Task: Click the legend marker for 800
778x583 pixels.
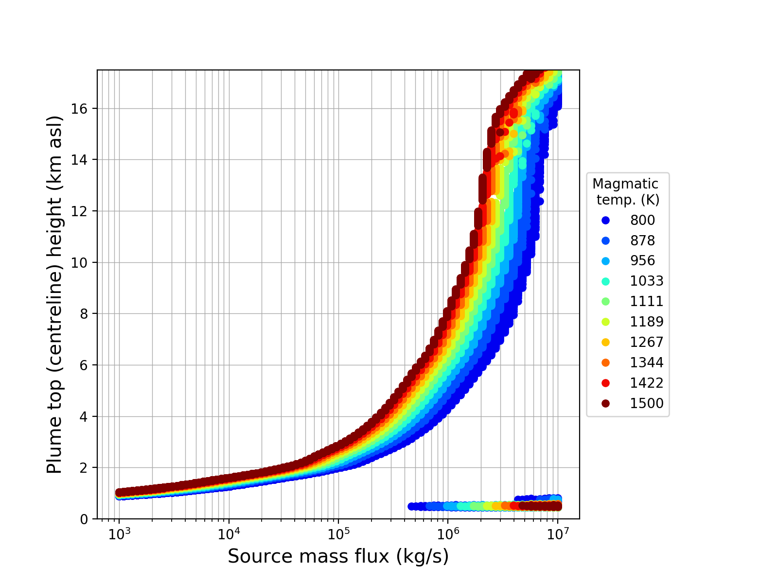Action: click(605, 220)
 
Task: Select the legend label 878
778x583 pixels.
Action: click(642, 240)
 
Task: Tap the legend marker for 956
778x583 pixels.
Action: click(605, 261)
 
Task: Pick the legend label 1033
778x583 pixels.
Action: click(647, 281)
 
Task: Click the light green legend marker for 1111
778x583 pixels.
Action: click(605, 302)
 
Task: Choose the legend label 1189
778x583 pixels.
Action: click(647, 322)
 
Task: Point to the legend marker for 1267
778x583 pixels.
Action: click(605, 343)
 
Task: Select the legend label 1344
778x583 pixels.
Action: click(647, 363)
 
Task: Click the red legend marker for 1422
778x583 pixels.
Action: click(605, 383)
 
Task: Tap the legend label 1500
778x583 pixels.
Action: click(647, 404)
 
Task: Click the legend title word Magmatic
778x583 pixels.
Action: click(625, 184)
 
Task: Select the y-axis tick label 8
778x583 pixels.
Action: click(87, 314)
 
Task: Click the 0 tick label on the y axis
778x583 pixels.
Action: click(87, 519)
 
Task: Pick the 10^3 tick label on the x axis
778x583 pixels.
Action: click(119, 533)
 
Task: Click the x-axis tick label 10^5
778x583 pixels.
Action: click(338, 533)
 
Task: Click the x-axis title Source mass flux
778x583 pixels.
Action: click(338, 557)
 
